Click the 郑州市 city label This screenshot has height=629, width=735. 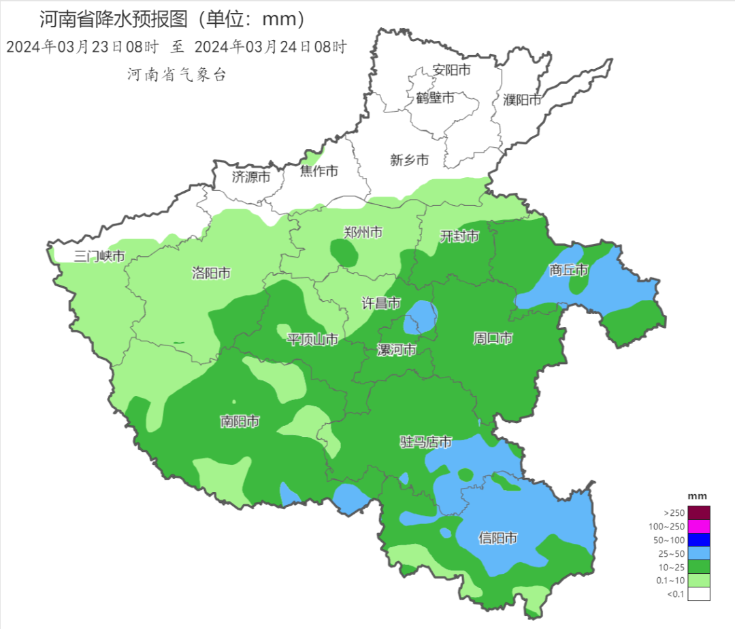pos(363,232)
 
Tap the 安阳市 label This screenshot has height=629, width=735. pos(451,70)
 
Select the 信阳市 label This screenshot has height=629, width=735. pos(497,538)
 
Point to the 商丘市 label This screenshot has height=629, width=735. pos(568,271)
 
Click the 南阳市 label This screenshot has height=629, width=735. pos(240,421)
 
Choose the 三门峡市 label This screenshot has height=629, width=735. pos(99,256)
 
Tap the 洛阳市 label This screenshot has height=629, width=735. pos(211,274)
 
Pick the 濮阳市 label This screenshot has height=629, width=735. pos(522,99)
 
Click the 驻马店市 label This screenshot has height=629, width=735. pos(425,442)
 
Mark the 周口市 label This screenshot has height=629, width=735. pos(493,339)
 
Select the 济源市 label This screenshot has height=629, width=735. pos(251,177)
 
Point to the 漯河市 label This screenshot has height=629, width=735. pos(397,350)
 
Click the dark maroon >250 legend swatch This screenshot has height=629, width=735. pos(698,512)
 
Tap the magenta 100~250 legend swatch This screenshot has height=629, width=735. pos(698,526)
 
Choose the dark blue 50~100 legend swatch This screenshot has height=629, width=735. pos(698,540)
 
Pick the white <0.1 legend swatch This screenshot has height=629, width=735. pos(698,594)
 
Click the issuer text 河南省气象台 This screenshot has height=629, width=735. pos(176,75)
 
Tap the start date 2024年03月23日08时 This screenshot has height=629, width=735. pos(82,48)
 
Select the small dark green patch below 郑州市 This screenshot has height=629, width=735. pos(346,254)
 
